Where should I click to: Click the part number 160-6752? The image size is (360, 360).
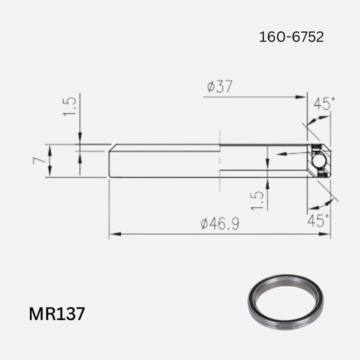click(291, 37)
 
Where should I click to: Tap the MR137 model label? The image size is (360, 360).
click(57, 313)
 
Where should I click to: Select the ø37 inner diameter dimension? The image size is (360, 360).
click(220, 87)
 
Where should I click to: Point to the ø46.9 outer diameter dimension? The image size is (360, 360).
click(220, 224)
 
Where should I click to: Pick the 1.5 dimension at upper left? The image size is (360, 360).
click(70, 105)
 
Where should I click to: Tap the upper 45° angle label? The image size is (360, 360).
click(324, 104)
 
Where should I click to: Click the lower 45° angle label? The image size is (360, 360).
click(317, 221)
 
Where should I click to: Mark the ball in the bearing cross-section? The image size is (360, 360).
click(319, 161)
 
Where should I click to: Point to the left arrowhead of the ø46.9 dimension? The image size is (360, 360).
click(113, 234)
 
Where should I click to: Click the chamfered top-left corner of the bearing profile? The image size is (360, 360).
click(110, 145)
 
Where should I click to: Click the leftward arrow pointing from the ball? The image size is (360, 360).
click(279, 154)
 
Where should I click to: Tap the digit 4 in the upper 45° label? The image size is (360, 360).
click(319, 104)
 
